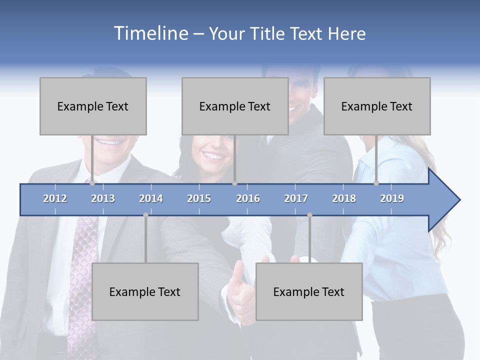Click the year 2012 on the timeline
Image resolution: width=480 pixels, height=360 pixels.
coord(55,198)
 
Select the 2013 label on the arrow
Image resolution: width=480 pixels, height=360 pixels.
coord(103,198)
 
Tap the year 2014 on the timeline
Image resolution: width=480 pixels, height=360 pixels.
coord(151,198)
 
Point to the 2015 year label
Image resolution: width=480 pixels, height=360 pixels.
coord(199,198)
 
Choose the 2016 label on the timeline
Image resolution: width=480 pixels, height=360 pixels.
coord(248,198)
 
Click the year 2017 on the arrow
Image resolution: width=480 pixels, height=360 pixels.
coord(296,198)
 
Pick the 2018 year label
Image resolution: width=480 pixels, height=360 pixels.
coord(344,198)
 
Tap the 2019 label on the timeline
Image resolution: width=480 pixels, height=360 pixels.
coord(392,198)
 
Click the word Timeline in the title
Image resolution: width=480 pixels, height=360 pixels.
coord(150,33)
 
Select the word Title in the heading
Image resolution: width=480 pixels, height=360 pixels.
coord(267,34)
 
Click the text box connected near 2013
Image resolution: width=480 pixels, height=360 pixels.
coord(93,106)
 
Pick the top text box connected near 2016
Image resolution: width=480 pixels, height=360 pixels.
coord(235,106)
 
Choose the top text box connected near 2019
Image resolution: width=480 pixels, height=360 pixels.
coord(377,106)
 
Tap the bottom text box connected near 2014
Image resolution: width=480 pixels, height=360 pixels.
coord(145,291)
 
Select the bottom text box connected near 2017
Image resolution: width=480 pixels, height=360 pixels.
coord(309,291)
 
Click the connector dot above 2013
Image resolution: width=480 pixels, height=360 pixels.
coord(92,183)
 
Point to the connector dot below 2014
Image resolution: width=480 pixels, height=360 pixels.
coord(145,215)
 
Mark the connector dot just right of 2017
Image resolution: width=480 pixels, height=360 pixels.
coord(309,215)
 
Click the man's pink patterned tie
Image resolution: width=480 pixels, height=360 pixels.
coord(82,280)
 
